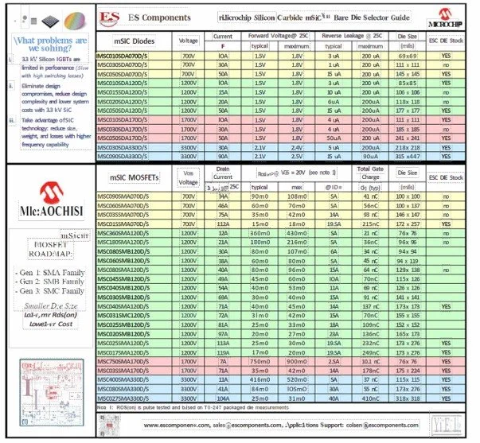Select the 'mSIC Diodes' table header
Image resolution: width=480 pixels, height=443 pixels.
[133, 41]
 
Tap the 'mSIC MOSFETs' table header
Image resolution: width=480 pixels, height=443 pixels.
[132, 177]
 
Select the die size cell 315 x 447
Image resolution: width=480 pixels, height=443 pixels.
[408, 157]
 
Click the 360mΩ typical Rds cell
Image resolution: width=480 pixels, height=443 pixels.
[260, 234]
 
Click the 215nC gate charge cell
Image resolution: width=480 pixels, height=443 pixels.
[371, 224]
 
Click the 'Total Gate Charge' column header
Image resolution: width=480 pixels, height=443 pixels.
[371, 173]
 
